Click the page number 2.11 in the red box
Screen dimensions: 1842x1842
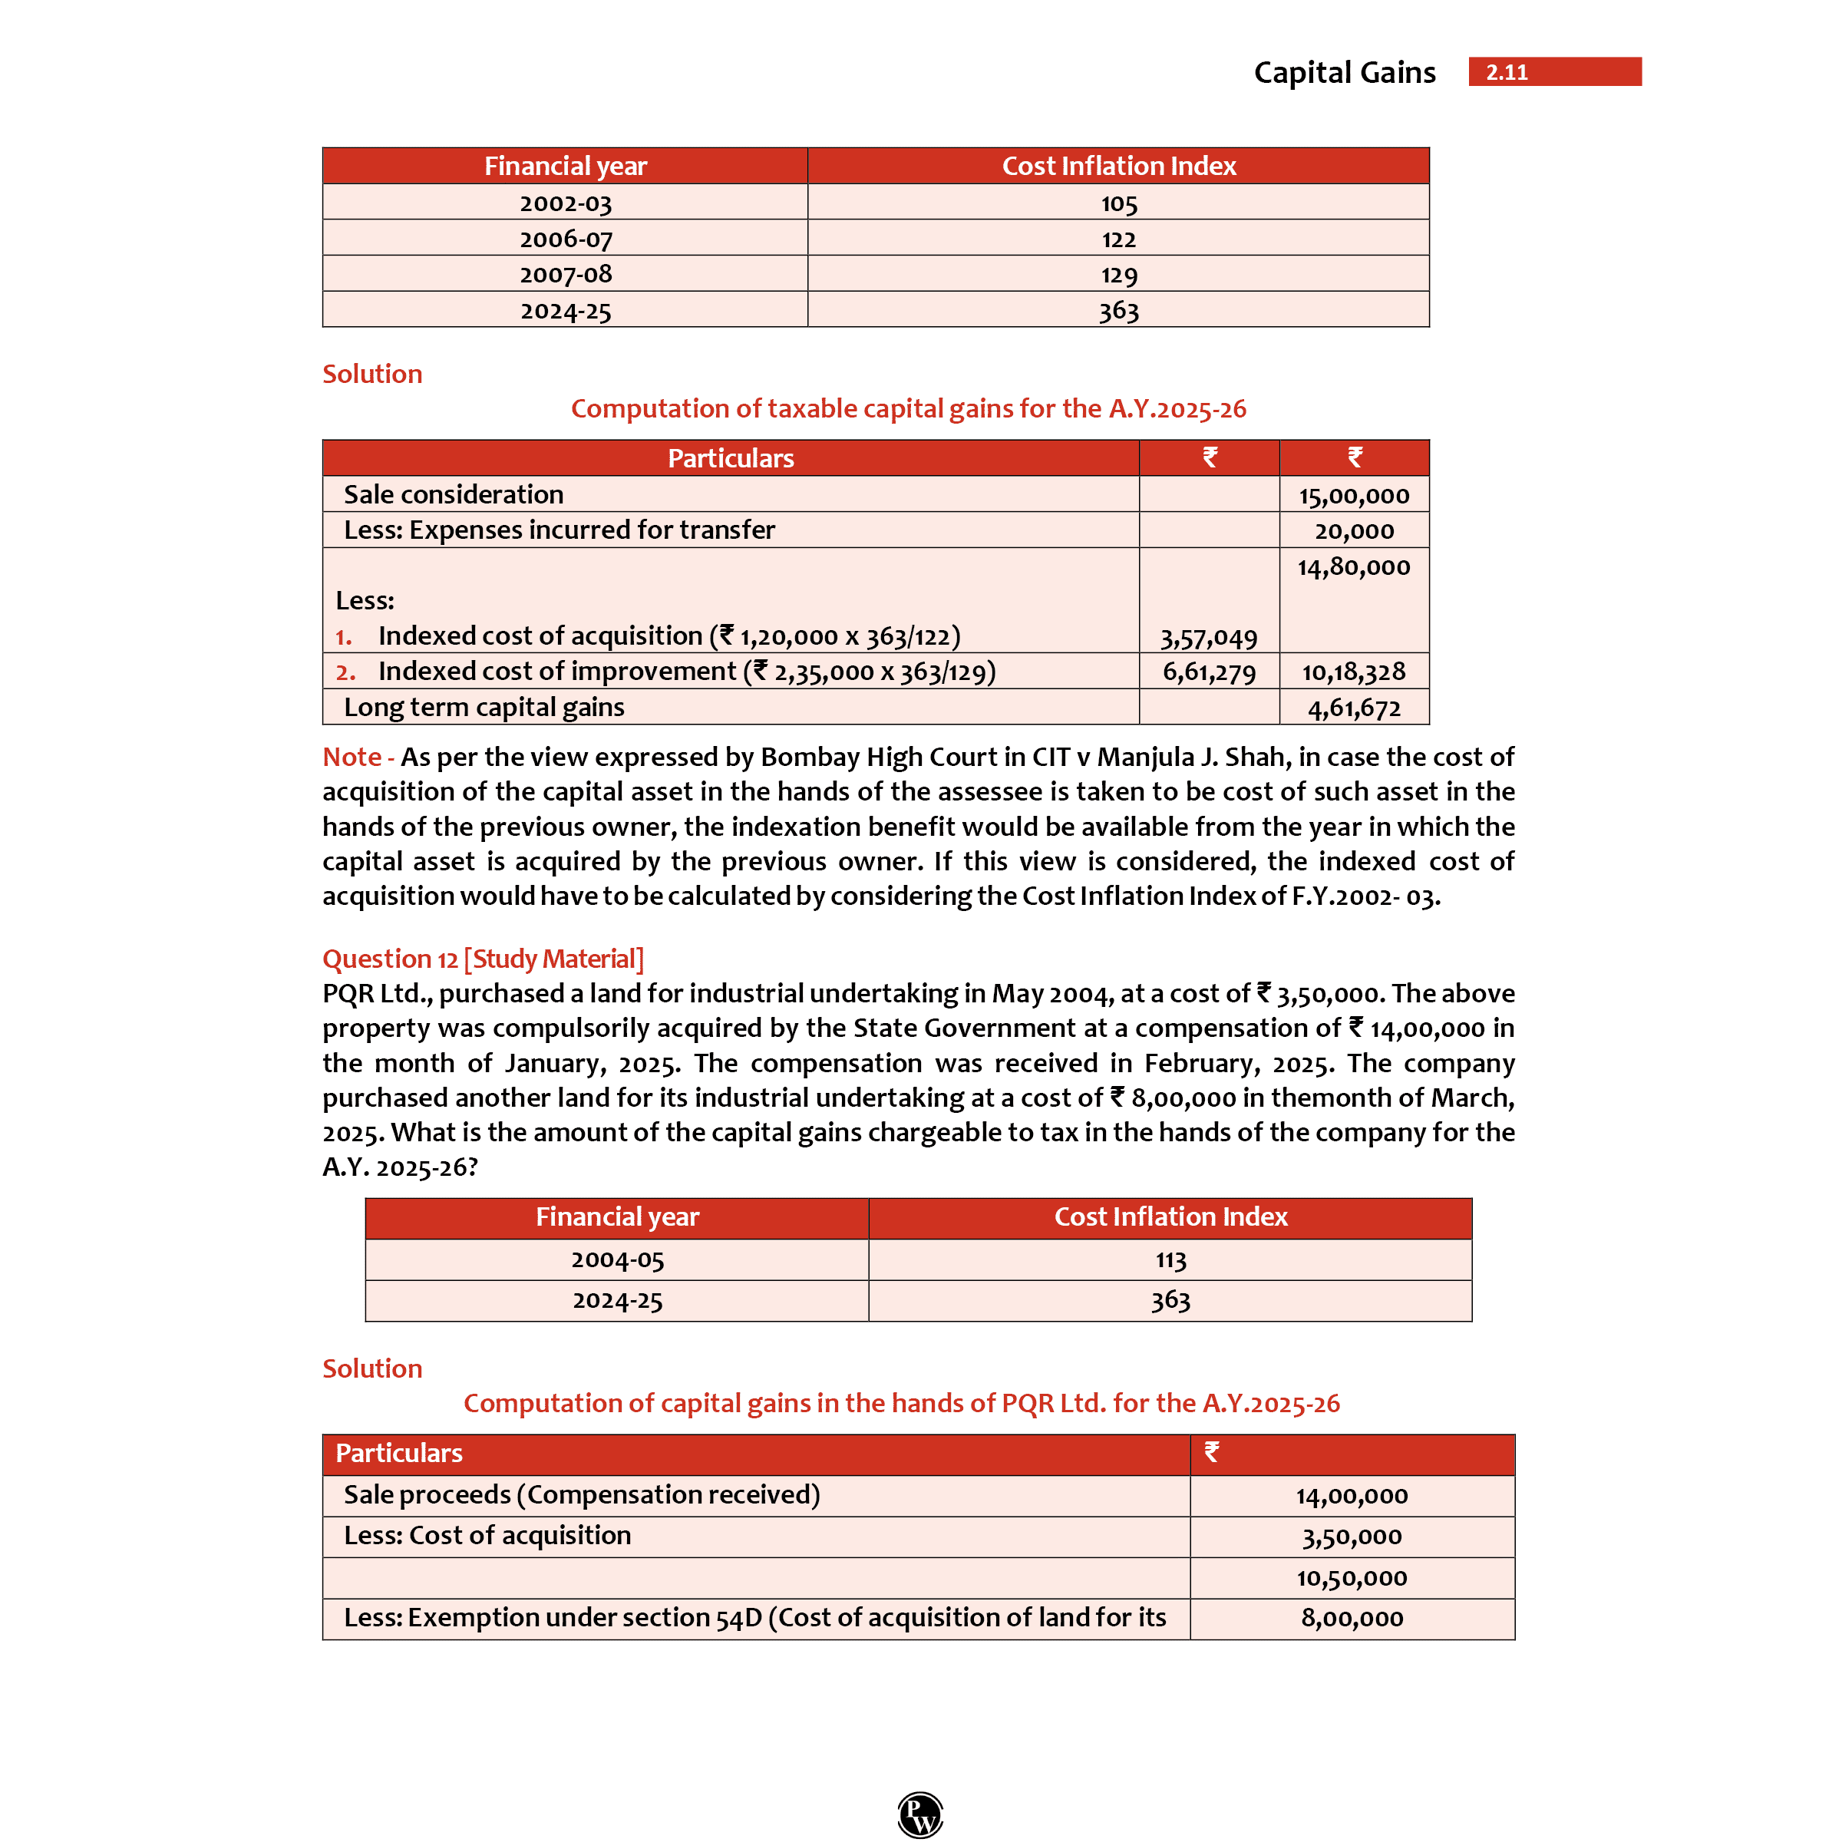point(1507,72)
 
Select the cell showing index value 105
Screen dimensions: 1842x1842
point(1118,203)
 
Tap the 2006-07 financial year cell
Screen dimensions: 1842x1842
point(566,239)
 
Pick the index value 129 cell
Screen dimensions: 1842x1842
point(1118,275)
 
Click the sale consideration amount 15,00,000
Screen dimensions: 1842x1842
point(1353,495)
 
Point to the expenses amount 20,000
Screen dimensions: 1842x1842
point(1353,530)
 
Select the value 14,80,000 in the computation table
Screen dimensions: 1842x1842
point(1353,566)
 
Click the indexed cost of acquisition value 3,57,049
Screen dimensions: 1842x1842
point(1208,637)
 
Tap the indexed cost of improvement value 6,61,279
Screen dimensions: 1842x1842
point(1208,672)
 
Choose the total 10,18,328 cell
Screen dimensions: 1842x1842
point(1353,672)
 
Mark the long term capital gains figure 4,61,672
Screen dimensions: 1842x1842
point(1353,708)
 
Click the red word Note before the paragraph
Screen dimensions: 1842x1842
point(352,757)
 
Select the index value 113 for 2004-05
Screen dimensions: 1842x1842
point(1170,1259)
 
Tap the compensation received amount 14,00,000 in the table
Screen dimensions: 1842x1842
point(1351,1495)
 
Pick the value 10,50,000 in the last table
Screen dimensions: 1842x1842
point(1351,1577)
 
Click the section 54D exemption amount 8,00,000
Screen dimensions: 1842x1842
point(1351,1617)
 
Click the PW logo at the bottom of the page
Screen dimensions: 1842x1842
point(920,1814)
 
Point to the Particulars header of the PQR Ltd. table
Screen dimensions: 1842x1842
point(398,1453)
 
